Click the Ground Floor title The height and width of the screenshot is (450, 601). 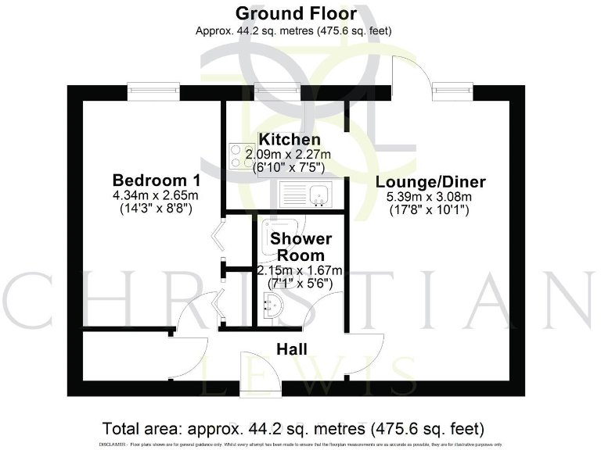(296, 13)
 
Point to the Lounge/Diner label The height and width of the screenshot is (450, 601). (430, 183)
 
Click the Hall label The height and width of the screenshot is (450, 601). (291, 349)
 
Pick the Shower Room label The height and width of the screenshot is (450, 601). (300, 247)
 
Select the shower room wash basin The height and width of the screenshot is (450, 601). (273, 307)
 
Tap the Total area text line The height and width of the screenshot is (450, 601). (293, 428)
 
